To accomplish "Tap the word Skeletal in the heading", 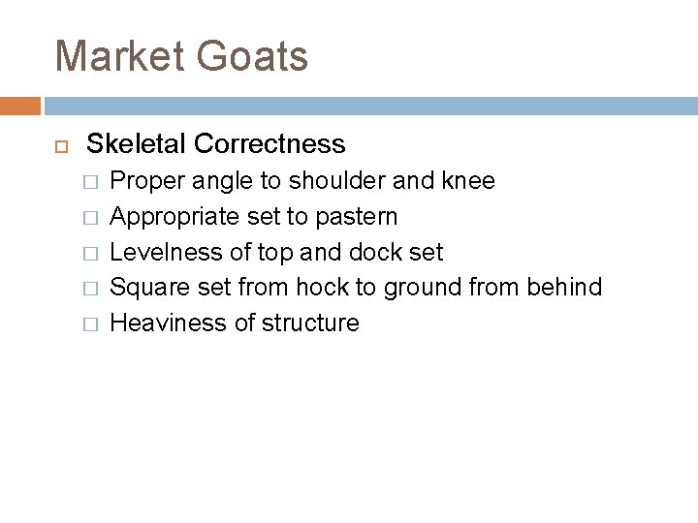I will click(137, 144).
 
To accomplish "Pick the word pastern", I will click(358, 217).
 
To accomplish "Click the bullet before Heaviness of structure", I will click(90, 323).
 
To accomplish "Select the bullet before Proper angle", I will click(90, 182).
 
